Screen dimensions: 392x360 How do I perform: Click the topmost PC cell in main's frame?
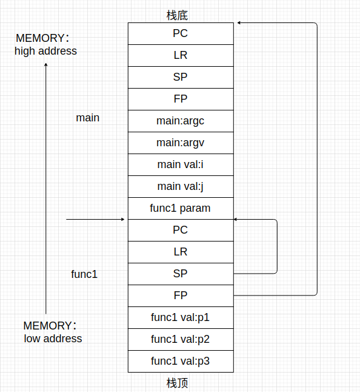click(180, 33)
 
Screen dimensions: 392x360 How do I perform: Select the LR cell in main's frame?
click(180, 55)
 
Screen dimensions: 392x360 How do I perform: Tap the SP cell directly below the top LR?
click(180, 77)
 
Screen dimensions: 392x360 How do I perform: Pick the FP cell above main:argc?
click(180, 99)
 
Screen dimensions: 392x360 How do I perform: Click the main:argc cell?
click(180, 121)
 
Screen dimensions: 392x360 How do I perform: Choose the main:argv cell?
click(180, 143)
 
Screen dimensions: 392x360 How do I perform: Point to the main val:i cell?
click(180, 164)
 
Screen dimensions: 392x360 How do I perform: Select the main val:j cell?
click(180, 186)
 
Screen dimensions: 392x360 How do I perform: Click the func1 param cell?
click(180, 208)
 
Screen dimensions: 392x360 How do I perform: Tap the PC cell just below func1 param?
click(180, 230)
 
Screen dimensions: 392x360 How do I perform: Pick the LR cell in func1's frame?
click(180, 252)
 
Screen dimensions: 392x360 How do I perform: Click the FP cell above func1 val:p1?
click(180, 296)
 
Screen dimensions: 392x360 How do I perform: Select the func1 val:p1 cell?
click(180, 317)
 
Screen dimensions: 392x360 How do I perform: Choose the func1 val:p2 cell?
click(180, 339)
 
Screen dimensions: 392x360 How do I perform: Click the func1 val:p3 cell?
click(180, 361)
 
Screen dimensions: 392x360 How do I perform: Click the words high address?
click(46, 52)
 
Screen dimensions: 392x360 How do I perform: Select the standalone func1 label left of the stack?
click(84, 274)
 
